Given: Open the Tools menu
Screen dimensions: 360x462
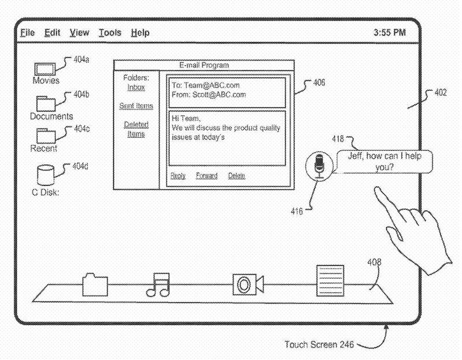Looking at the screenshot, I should [110, 33].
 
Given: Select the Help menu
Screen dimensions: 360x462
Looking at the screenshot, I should [140, 33].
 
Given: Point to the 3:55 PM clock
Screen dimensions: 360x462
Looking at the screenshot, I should [390, 33].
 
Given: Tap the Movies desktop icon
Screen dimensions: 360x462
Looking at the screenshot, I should [46, 68].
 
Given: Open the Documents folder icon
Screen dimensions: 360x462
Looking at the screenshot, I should [47, 103].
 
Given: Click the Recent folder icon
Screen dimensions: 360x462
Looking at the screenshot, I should [46, 135].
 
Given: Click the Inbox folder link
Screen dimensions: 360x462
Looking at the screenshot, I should [136, 87].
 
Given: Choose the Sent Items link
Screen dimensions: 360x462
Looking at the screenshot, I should [136, 106].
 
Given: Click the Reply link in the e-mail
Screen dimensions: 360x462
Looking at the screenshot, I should [178, 176].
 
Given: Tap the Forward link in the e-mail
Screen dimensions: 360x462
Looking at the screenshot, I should [206, 176].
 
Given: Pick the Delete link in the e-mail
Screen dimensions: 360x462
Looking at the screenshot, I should [236, 176].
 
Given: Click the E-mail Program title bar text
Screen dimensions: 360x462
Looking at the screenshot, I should [204, 65].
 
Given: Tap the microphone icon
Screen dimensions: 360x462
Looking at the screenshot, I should [319, 166].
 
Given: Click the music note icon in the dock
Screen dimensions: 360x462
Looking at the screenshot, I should [158, 284].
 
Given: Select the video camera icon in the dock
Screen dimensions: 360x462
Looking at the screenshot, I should [248, 284].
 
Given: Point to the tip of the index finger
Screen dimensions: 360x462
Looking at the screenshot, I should [375, 189].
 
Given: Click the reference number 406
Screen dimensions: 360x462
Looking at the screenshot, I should [319, 83].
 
